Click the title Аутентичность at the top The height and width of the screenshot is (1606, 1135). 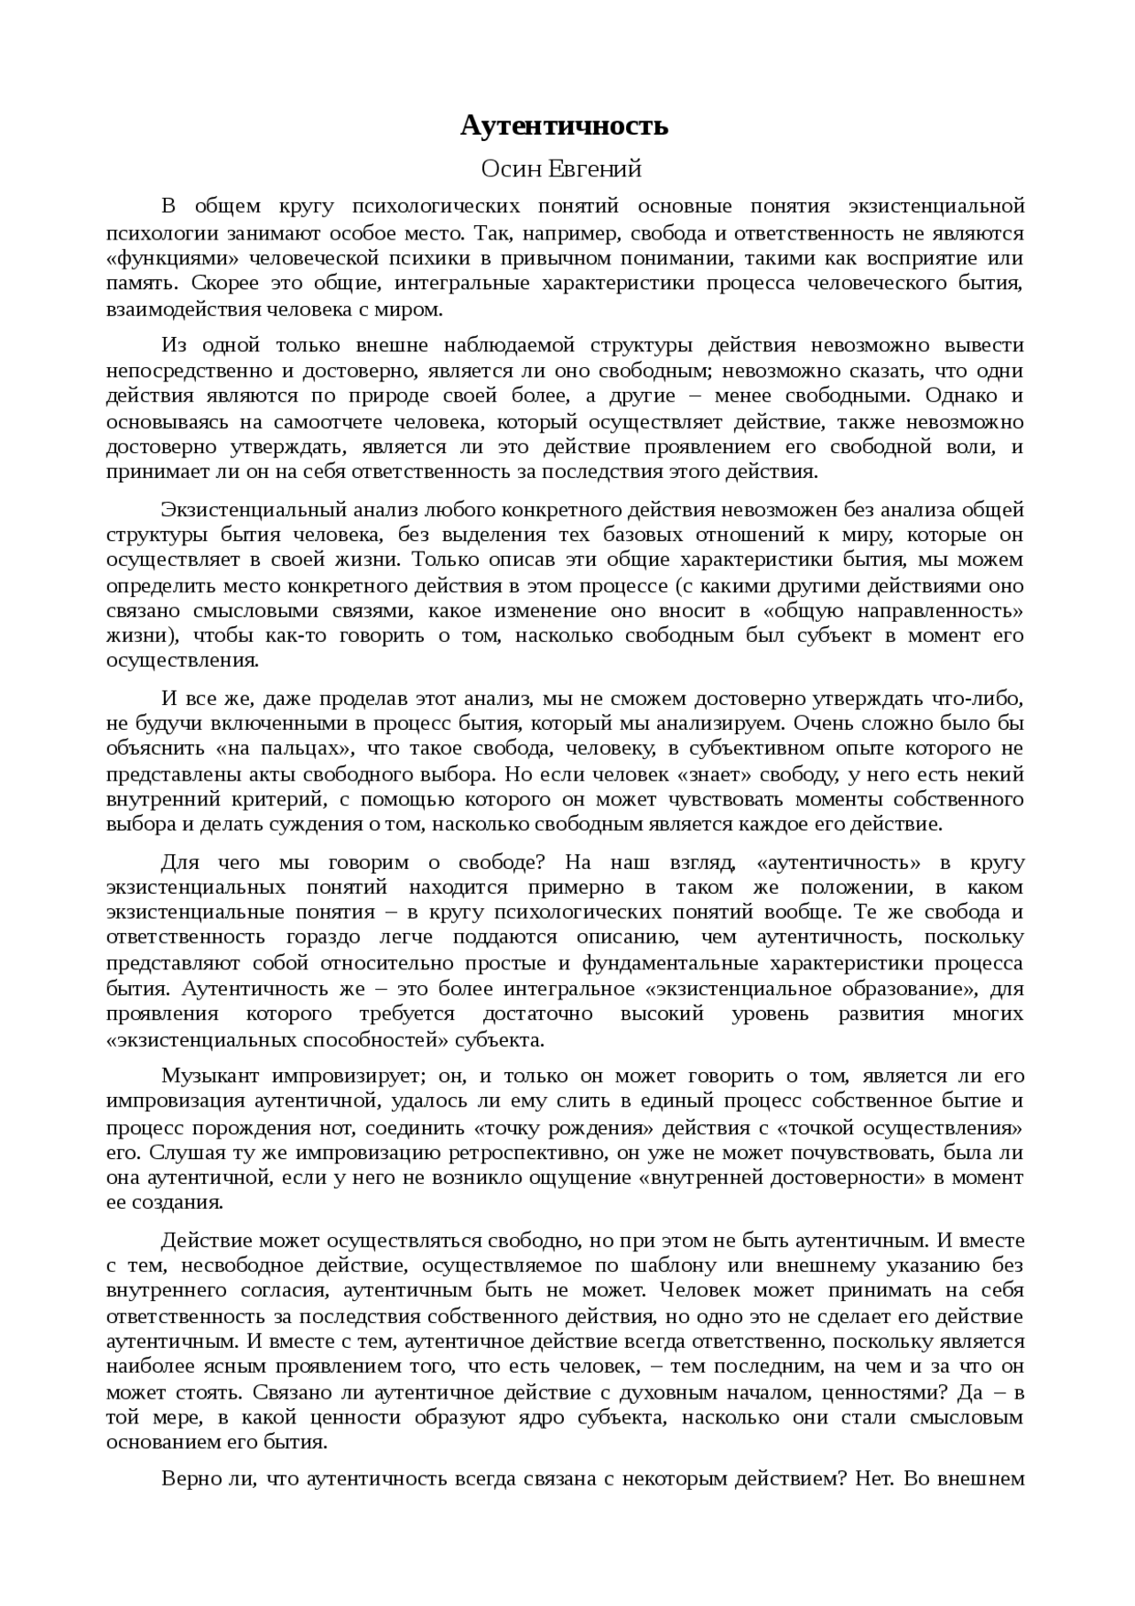click(x=564, y=127)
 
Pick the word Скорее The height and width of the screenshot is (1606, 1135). click(x=225, y=285)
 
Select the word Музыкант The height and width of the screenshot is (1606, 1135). click(x=210, y=1077)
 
